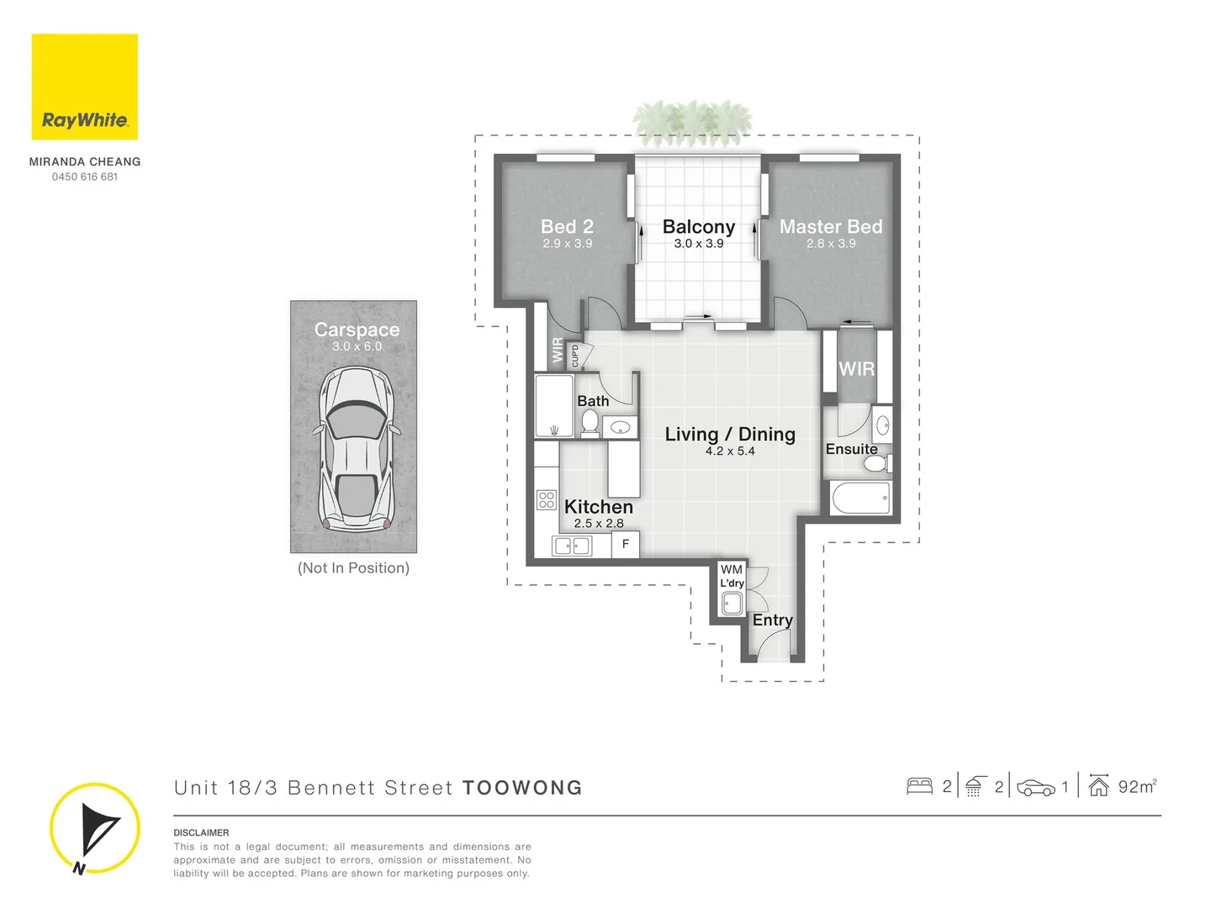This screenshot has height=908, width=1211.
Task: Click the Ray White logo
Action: point(84,87)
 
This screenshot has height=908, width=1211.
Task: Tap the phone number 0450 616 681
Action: point(85,177)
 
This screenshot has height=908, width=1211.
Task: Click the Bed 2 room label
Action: point(567,227)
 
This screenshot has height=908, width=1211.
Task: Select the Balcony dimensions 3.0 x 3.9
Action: point(698,244)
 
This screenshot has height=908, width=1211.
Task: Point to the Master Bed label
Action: point(831,227)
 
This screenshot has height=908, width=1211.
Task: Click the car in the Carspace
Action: point(357,450)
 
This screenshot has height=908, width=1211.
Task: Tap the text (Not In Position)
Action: point(353,568)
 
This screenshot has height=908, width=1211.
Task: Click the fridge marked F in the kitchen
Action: point(625,544)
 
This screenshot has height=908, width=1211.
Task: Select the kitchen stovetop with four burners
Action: point(547,500)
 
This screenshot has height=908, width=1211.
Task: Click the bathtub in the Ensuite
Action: point(860,498)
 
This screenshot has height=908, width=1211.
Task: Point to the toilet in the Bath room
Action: point(590,423)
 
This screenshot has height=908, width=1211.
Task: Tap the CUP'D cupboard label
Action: point(575,356)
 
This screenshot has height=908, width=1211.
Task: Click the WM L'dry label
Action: point(732,576)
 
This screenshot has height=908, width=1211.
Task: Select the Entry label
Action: point(772,620)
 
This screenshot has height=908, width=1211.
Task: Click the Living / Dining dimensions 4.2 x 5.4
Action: point(730,451)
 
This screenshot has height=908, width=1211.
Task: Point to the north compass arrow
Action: point(96,828)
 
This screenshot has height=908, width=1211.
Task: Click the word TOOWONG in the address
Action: point(522,788)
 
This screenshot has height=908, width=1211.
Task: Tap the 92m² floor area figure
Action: point(1137,787)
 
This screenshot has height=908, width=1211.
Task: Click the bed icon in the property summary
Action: point(919,787)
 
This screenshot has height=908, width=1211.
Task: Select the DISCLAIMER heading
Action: point(201,832)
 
